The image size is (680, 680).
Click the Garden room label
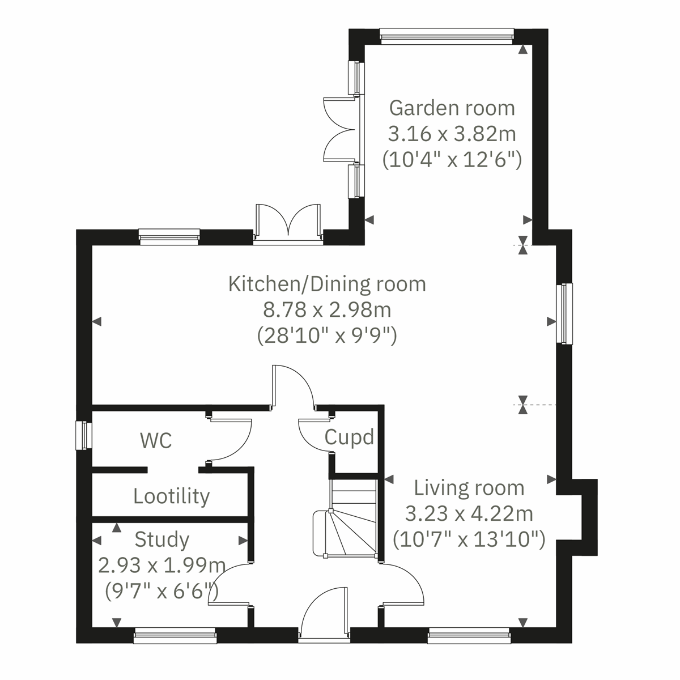(452, 108)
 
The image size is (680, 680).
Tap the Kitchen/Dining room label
(327, 283)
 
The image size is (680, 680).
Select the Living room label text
(469, 488)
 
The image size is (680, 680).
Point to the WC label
(156, 440)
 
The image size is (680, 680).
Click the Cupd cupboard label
(349, 437)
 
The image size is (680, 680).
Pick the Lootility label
(171, 496)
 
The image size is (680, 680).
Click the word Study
(161, 539)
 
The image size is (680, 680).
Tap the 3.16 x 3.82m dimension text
(452, 134)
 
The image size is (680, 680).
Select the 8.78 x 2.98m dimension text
(327, 310)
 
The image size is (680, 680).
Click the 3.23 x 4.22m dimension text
(469, 514)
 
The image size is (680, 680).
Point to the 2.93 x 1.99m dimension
(161, 566)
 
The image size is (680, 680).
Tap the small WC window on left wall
(84, 435)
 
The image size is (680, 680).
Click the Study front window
(175, 637)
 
